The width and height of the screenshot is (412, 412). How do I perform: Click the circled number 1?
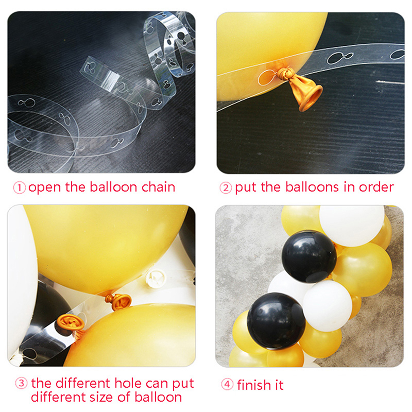coord(19,188)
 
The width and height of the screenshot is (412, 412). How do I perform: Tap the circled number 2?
coord(226,188)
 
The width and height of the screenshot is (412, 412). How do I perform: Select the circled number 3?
coord(21,383)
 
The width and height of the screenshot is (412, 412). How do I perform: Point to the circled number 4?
coord(227,384)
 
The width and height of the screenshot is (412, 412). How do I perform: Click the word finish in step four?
coord(254,385)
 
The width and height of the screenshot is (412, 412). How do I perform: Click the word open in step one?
coord(45,188)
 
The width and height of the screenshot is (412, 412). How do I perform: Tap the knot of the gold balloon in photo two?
coord(285,74)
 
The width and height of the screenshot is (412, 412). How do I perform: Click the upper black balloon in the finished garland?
coord(309,256)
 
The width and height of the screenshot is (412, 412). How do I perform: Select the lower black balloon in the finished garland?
coord(276,321)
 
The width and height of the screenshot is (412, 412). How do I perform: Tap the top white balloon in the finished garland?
coord(352,226)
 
